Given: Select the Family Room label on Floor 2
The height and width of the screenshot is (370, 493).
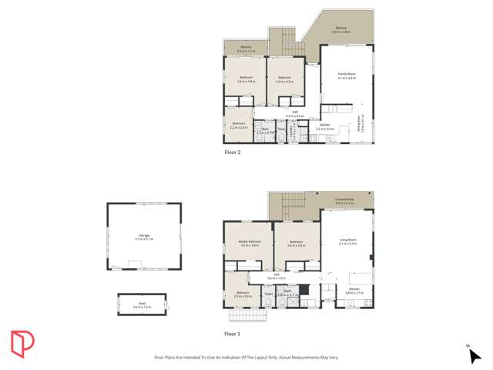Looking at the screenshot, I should click(346, 76).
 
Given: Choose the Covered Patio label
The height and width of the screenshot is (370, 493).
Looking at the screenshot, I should click(344, 200).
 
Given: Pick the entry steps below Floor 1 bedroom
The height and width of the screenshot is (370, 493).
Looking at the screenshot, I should click(242, 315).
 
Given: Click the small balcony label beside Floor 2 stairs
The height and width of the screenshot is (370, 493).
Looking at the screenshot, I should click(246, 49).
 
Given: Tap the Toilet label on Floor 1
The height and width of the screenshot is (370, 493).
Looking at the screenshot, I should click(268, 294).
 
